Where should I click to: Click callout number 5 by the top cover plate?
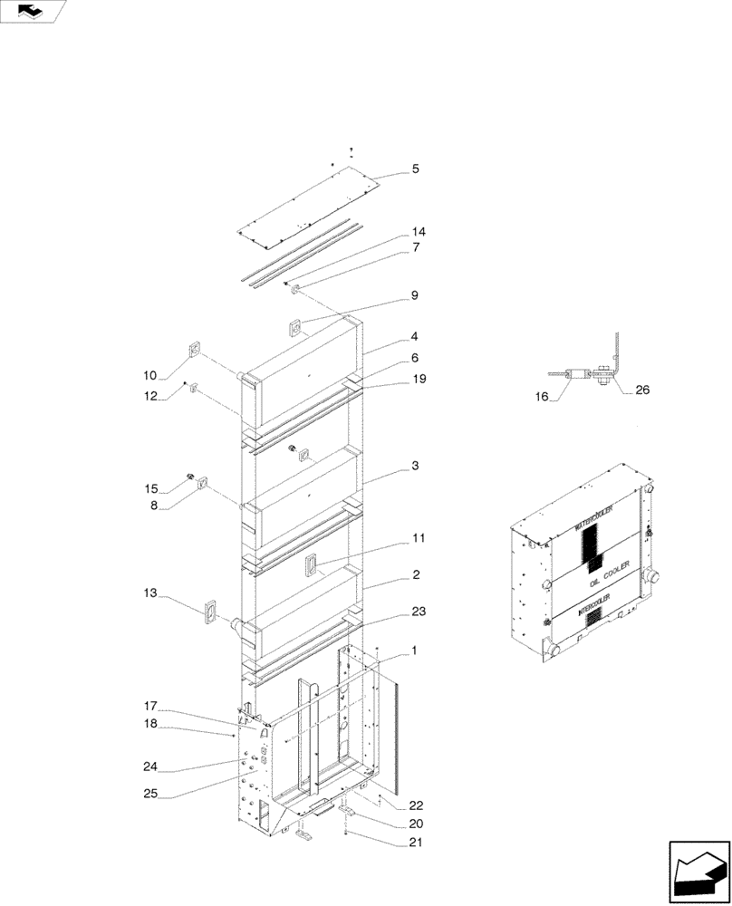pos(415,169)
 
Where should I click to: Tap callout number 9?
pos(414,295)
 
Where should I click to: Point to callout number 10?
pos(149,375)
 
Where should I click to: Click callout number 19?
pos(418,378)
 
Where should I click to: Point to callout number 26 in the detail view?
pos(641,390)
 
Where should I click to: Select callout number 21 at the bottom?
pos(415,843)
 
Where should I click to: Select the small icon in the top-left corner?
pos(33,11)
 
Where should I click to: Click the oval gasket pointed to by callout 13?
pos(211,612)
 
